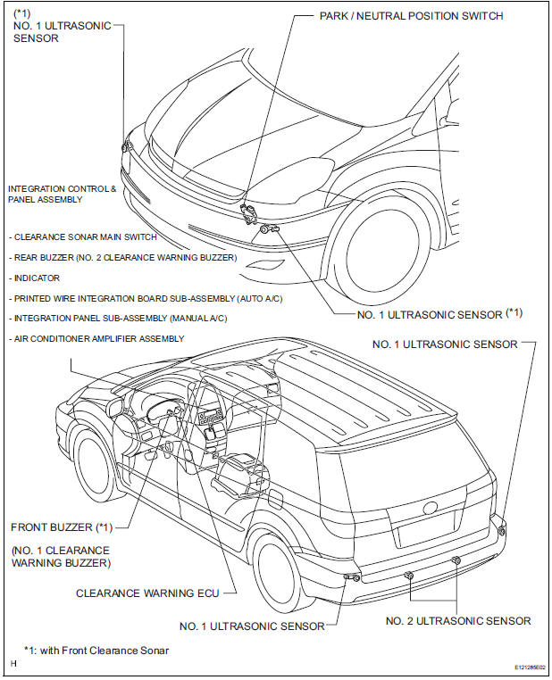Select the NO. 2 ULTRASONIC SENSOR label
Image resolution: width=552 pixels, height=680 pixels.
458,621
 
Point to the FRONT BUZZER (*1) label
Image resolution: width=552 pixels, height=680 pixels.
61,527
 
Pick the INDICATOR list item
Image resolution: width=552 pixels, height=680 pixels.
37,278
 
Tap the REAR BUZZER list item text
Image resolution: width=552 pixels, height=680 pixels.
123,258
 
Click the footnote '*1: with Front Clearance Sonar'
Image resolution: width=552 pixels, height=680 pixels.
96,651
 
